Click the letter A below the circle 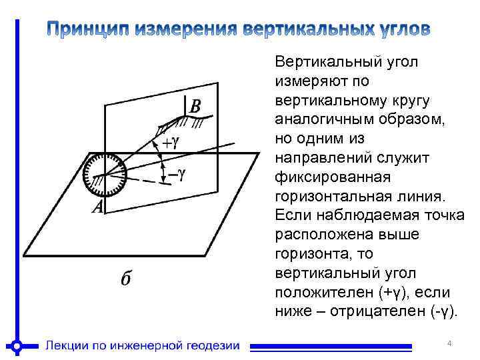(x=97, y=208)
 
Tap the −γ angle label (x=176, y=173)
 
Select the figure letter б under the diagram (x=125, y=278)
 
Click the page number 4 (x=449, y=343)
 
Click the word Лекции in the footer (x=67, y=345)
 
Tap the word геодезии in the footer (x=211, y=345)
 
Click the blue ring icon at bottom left (x=18, y=346)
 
